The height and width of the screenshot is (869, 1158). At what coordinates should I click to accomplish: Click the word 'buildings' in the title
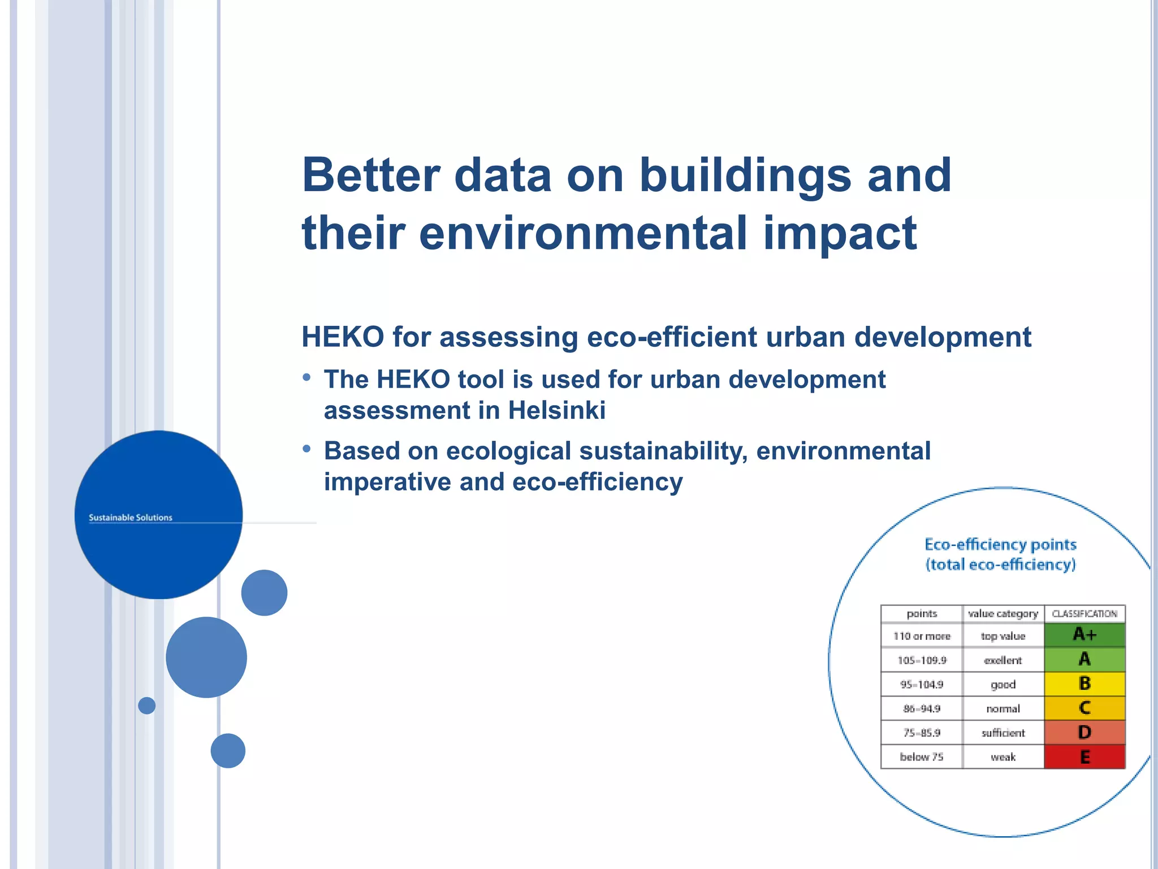(745, 175)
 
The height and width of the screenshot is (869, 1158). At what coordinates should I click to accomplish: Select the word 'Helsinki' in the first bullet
(556, 410)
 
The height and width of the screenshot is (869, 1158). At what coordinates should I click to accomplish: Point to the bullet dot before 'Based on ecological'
(306, 449)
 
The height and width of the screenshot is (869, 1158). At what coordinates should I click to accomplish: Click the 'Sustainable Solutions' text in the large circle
(130, 518)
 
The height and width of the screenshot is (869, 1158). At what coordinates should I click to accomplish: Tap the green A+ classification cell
(1084, 635)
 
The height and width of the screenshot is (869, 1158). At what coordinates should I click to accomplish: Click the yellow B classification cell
(1084, 683)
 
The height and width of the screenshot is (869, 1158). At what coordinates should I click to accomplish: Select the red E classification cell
(1084, 757)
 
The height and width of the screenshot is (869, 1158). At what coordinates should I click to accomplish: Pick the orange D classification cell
(1084, 733)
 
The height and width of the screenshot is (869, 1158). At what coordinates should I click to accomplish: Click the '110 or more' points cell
(921, 636)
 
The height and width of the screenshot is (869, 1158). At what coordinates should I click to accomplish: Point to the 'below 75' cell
(921, 757)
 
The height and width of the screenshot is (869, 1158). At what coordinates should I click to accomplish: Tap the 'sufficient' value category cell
(1003, 733)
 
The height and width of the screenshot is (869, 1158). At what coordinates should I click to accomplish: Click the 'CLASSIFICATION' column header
(1084, 614)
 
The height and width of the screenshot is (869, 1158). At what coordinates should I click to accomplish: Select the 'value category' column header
(1003, 614)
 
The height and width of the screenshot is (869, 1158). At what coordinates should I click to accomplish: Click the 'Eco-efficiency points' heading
(1000, 544)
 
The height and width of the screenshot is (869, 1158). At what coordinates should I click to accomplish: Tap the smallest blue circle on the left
(147, 705)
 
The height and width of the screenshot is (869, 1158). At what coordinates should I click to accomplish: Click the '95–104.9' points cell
(921, 685)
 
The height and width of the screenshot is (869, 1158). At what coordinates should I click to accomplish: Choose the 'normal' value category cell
(1003, 709)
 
